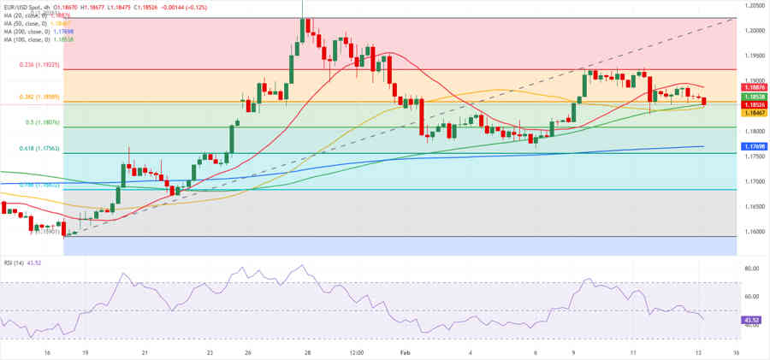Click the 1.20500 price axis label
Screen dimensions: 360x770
(x=753, y=5)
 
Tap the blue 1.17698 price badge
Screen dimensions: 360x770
(x=753, y=146)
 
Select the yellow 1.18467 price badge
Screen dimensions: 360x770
(x=753, y=113)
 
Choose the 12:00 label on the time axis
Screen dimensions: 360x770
(x=357, y=351)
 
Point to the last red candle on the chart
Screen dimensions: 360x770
(x=704, y=102)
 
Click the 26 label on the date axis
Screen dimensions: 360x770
(x=247, y=351)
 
